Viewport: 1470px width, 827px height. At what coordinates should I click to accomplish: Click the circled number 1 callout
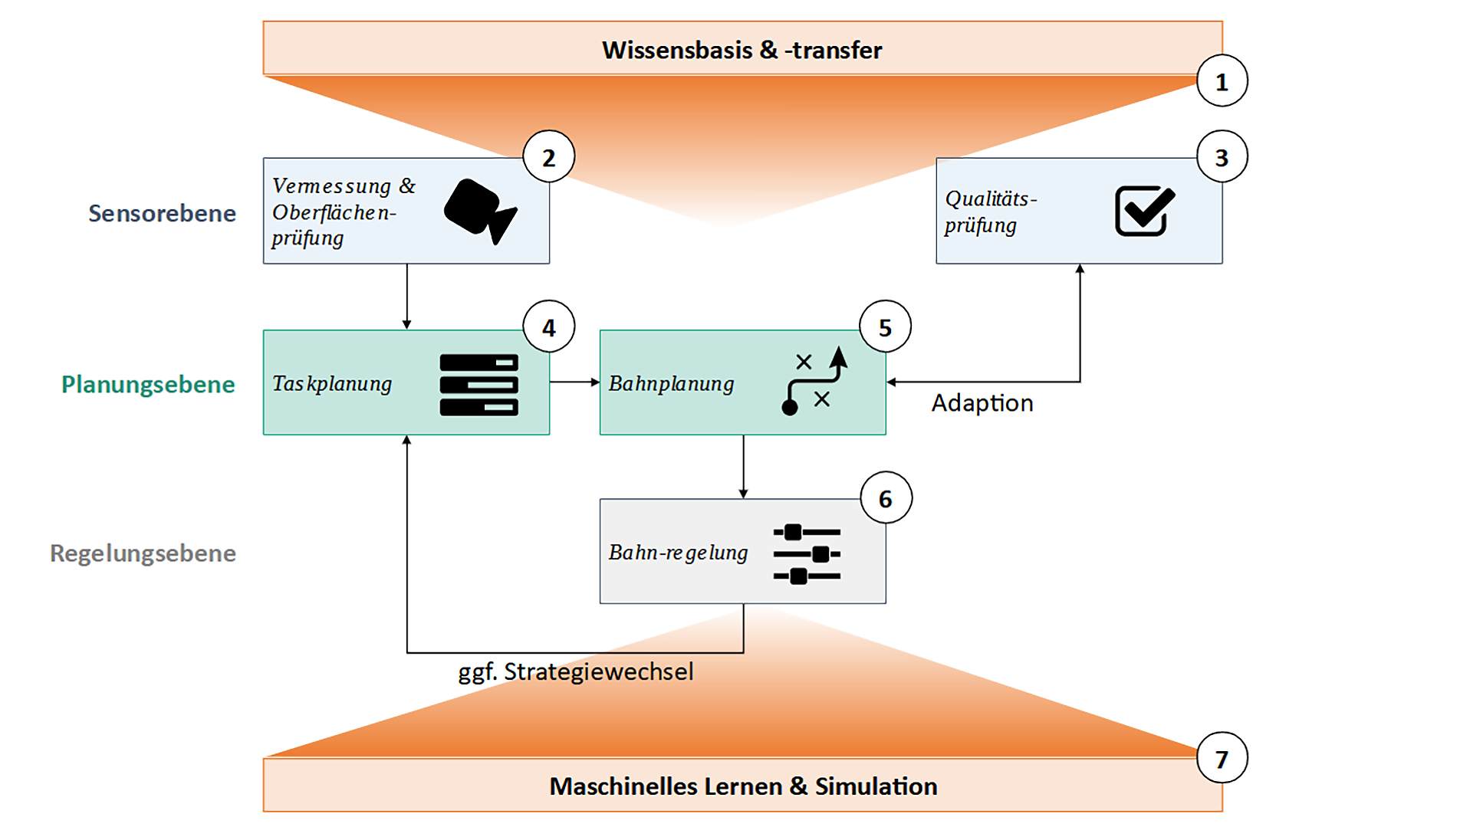tap(1222, 81)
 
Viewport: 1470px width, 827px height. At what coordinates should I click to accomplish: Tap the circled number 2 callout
tap(548, 157)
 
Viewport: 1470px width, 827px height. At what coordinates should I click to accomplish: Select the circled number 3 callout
tap(1222, 157)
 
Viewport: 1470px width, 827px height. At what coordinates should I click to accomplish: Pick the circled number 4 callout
tap(548, 327)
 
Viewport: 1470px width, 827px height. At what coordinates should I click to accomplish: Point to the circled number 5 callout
tap(885, 327)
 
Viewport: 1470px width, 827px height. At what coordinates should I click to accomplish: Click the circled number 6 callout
tap(885, 499)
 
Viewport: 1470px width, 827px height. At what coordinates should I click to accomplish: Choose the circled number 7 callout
tap(1222, 759)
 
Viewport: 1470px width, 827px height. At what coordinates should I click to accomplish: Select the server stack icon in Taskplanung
tap(478, 385)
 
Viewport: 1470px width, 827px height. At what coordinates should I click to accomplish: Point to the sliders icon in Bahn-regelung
tap(807, 553)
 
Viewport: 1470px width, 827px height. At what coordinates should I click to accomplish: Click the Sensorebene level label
tap(162, 213)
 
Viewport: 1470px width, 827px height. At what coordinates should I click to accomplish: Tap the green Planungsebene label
tap(148, 384)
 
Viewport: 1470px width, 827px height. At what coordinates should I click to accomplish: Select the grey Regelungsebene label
tap(143, 553)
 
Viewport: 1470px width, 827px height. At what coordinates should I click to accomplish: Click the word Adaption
tap(982, 403)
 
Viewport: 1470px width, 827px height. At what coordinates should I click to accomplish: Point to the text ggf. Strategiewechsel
tap(576, 671)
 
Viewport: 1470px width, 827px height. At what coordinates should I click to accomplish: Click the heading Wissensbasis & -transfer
tap(742, 50)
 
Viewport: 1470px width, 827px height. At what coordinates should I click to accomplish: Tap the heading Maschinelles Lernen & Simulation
tap(743, 786)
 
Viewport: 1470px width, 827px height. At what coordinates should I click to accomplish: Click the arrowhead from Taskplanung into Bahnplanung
tap(595, 382)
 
